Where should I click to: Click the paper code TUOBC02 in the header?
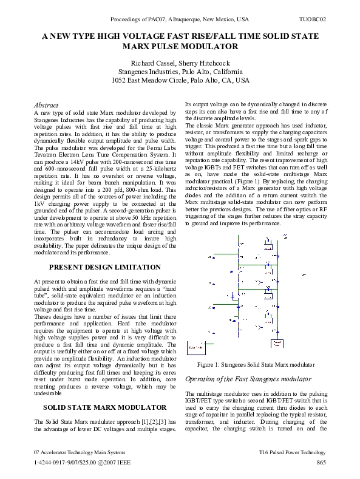coord(313,19)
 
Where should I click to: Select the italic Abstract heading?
coord(46,105)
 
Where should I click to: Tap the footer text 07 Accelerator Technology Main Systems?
coord(80,452)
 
